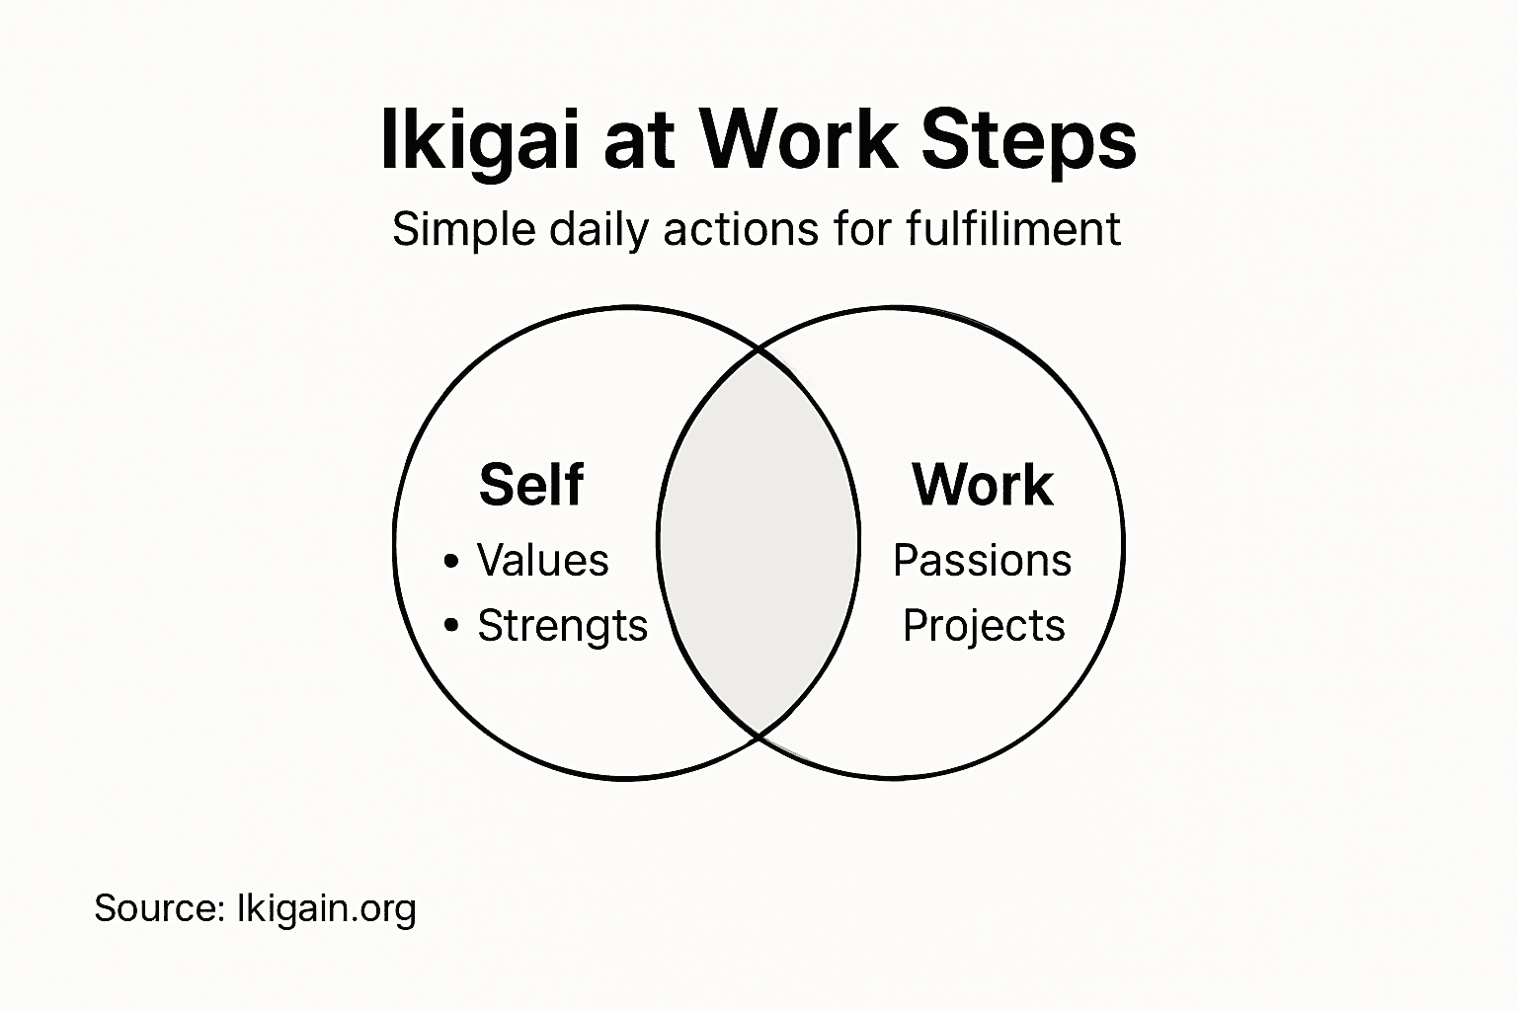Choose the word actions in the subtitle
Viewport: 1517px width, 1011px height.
742,230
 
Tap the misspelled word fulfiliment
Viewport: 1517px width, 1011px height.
1012,230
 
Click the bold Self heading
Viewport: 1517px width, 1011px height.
530,485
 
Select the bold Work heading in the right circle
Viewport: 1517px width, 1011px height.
983,485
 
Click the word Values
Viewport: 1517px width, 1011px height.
542,561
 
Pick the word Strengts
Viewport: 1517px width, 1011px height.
562,626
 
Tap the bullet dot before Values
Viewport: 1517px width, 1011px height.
451,562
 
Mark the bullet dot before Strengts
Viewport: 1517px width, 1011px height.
451,625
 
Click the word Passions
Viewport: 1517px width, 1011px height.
982,561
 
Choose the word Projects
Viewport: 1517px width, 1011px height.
984,626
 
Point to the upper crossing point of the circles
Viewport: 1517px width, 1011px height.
759,349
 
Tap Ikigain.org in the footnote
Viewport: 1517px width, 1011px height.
327,909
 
